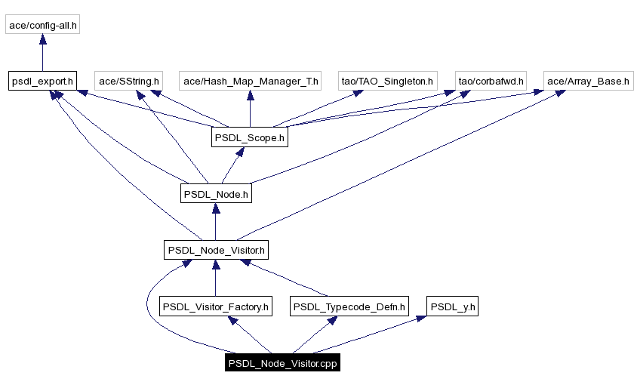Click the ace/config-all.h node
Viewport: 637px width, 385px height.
click(x=42, y=25)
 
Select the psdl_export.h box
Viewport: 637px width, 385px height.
click(x=42, y=81)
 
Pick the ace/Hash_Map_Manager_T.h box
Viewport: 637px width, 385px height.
click(x=251, y=81)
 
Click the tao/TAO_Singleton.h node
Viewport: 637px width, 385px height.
click(x=387, y=81)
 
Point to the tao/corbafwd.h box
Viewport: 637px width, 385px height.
click(x=491, y=81)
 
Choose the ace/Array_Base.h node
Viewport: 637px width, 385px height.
click(x=588, y=81)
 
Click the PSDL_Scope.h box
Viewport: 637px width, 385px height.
click(x=249, y=137)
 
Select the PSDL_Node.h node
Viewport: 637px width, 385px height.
click(x=216, y=194)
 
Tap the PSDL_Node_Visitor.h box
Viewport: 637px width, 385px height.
click(x=216, y=250)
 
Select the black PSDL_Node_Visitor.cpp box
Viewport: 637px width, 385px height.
click(x=282, y=363)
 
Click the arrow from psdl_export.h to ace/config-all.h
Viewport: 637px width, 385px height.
click(x=42, y=53)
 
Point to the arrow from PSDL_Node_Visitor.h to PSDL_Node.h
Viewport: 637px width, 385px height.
click(x=216, y=222)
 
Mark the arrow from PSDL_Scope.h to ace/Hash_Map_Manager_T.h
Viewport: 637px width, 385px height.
click(x=250, y=109)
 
